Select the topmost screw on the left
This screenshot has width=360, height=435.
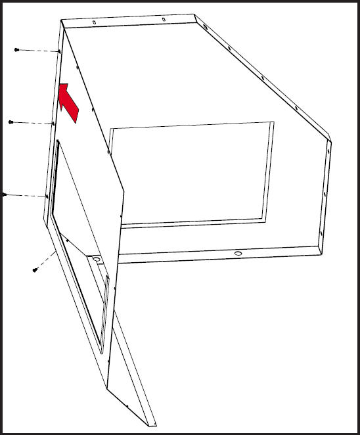[17, 50]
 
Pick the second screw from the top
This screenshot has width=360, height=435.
[11, 122]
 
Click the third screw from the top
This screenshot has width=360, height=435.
[5, 195]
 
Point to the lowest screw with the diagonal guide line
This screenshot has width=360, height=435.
[35, 269]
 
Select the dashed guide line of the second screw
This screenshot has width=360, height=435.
[32, 122]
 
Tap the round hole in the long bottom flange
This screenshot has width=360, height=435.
[238, 253]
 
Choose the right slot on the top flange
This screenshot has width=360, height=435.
[164, 19]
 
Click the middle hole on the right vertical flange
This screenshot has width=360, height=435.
[325, 195]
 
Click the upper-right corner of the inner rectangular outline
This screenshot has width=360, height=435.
[273, 122]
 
